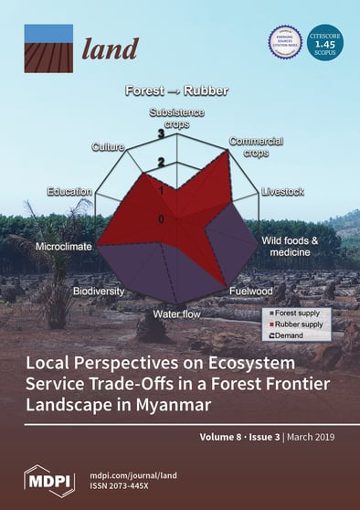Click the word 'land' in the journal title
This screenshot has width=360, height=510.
pyautogui.click(x=111, y=48)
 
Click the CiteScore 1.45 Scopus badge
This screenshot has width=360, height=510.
pyautogui.click(x=329, y=42)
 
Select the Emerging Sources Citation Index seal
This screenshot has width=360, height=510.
pyautogui.click(x=284, y=41)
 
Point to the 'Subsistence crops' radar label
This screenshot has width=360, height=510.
pyautogui.click(x=176, y=117)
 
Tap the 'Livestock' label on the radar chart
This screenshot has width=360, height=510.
pyautogui.click(x=282, y=192)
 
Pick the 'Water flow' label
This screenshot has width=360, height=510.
pyautogui.click(x=165, y=315)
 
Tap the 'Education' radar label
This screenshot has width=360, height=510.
pyautogui.click(x=69, y=192)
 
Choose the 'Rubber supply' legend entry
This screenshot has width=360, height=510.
pyautogui.click(x=297, y=324)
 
